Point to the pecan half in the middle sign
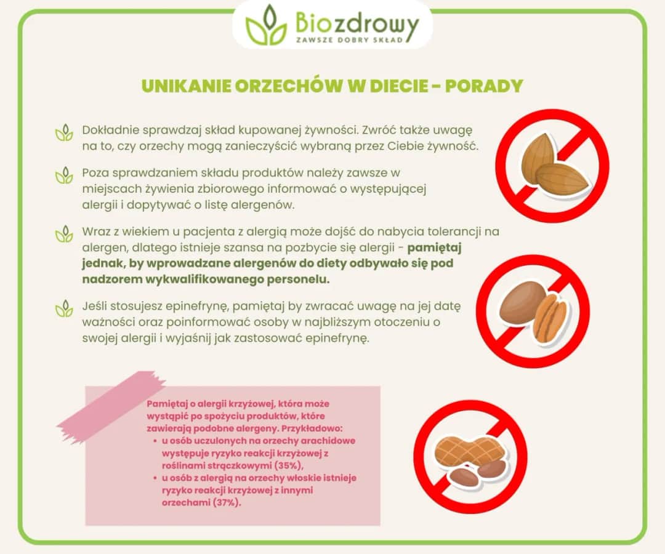550,317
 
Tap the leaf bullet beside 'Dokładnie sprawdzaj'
64,132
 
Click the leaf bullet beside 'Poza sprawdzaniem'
64,175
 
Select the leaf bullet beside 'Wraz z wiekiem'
64,234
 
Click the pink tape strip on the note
111,407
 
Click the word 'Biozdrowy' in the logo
357,23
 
